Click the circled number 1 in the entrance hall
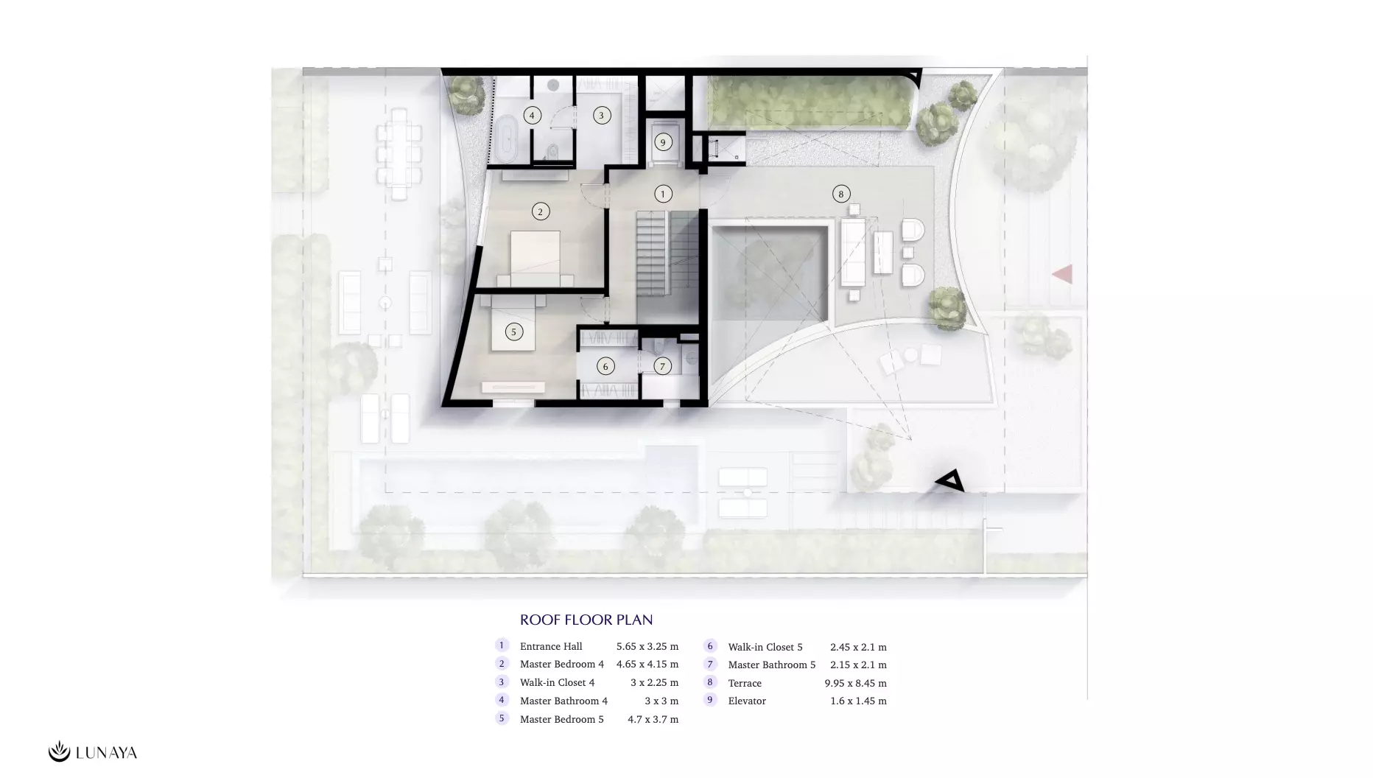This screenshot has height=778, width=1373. point(663,194)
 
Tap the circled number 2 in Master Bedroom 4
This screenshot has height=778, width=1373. point(540,211)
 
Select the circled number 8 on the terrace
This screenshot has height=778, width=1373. point(841,194)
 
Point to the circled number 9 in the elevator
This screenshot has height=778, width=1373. point(663,142)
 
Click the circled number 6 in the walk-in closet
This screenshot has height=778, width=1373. point(605,365)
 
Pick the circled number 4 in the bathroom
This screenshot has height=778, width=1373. point(532,115)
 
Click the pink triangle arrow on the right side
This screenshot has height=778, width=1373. point(1062,274)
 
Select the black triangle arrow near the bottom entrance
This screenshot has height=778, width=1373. point(950,480)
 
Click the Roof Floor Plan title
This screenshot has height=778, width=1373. point(586,620)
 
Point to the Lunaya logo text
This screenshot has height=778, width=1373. point(106,752)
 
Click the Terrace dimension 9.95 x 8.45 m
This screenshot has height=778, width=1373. point(855,683)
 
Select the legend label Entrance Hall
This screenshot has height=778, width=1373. point(551,646)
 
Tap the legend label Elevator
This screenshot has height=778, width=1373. point(747,701)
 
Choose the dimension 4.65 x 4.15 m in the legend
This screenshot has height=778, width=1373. point(647,664)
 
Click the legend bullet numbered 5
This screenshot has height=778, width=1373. point(502,718)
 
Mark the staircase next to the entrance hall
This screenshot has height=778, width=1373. point(667,253)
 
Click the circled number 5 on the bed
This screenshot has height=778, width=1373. point(513,332)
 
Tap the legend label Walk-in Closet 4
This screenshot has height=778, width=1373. point(557,682)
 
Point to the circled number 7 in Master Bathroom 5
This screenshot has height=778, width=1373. point(662,365)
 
